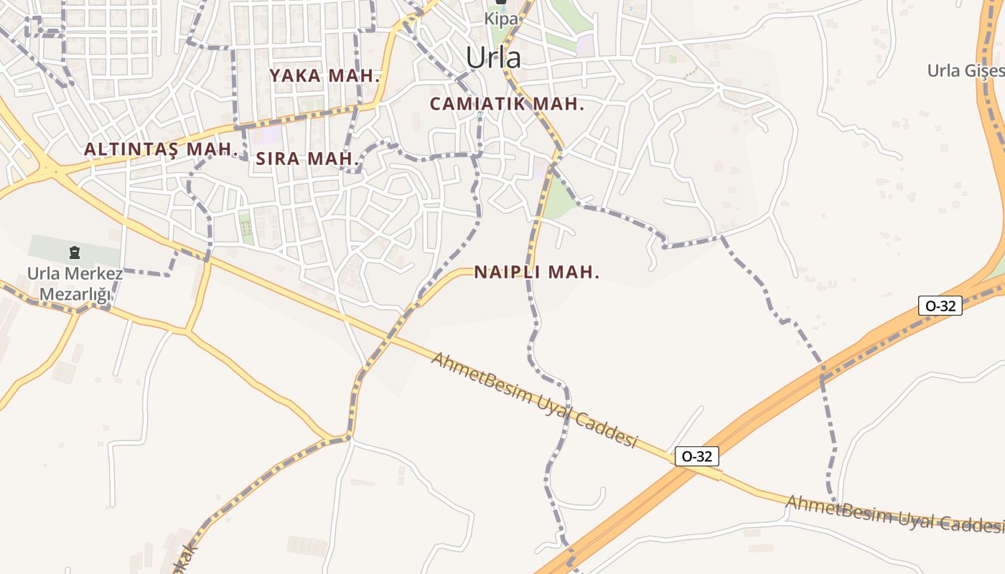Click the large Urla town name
coord(493,57)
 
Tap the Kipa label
coord(501,19)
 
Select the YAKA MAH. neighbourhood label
coord(324,75)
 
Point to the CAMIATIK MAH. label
coord(507,103)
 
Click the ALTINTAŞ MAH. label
coord(161,149)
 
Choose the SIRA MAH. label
coord(307,159)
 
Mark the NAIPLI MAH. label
coord(536,272)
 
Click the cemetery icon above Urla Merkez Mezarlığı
coord(74,253)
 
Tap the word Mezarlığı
coord(75,294)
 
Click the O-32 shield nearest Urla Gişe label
coord(940,306)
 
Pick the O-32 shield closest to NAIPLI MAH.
coord(696,456)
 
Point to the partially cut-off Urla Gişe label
coord(966,70)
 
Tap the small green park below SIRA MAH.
coord(246,227)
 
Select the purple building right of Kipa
coord(586,44)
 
